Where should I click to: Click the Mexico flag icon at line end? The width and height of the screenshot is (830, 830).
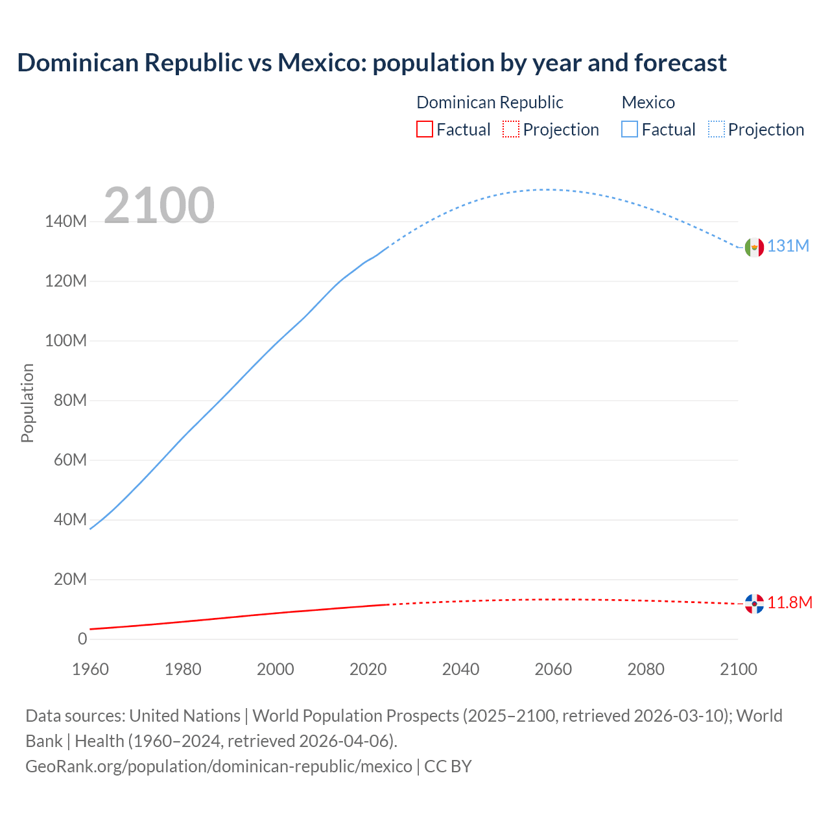pyautogui.click(x=754, y=247)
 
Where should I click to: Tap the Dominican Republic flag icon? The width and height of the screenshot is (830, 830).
pyautogui.click(x=754, y=604)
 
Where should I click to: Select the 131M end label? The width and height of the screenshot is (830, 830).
pyautogui.click(x=788, y=246)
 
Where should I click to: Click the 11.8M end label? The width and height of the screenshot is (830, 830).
pyautogui.click(x=790, y=603)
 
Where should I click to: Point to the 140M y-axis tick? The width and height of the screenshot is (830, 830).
pyautogui.click(x=65, y=222)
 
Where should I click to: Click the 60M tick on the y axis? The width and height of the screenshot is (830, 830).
pyautogui.click(x=69, y=460)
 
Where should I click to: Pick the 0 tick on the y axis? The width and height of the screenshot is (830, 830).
pyautogui.click(x=82, y=639)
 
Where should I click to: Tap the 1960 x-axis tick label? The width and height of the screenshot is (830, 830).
pyautogui.click(x=90, y=669)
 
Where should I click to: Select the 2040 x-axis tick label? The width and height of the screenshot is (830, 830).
pyautogui.click(x=460, y=669)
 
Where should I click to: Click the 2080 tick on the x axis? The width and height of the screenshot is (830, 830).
pyautogui.click(x=646, y=669)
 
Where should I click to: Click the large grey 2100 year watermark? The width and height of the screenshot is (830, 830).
pyautogui.click(x=159, y=206)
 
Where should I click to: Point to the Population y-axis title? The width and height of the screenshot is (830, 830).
pyautogui.click(x=27, y=403)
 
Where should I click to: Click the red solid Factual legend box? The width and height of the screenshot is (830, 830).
pyautogui.click(x=424, y=130)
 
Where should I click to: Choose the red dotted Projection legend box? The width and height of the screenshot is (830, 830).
pyautogui.click(x=511, y=130)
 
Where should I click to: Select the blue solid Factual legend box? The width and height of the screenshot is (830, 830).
pyautogui.click(x=629, y=130)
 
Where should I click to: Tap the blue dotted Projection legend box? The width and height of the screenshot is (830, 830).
pyautogui.click(x=717, y=130)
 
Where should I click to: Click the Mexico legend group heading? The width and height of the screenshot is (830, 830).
pyautogui.click(x=648, y=102)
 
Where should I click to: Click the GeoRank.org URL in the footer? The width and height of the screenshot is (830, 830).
pyautogui.click(x=219, y=766)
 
